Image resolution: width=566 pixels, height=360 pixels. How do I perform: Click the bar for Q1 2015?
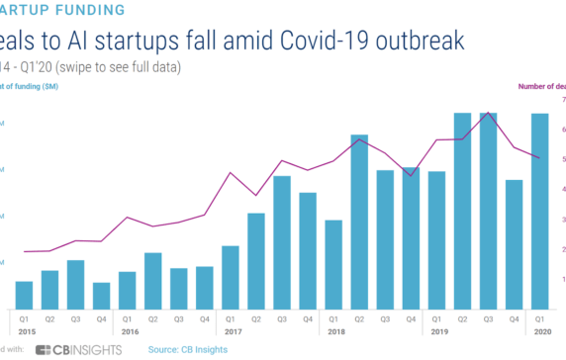[x=24, y=294]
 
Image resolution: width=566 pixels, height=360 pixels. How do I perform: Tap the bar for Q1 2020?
[x=539, y=210]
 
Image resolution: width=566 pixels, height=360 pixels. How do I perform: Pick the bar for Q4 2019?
[x=514, y=243]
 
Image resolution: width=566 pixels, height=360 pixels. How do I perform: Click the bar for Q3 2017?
[x=282, y=241]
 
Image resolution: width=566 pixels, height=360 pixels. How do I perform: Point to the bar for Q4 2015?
[x=101, y=295]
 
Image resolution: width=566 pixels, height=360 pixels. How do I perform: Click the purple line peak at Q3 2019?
[x=489, y=114]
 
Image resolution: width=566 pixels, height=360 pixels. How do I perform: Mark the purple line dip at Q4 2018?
[x=411, y=175]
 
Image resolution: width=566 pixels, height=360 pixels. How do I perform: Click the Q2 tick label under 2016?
[x=152, y=318]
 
